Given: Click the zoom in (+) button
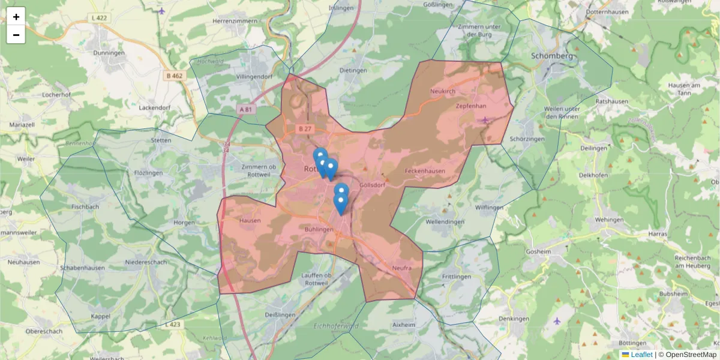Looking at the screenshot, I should [x=16, y=17].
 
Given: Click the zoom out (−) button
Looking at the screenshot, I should [x=16, y=35].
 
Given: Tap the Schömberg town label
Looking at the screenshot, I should [x=553, y=56].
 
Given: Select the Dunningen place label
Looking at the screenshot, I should [x=109, y=53].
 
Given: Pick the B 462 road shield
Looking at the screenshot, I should [x=175, y=76].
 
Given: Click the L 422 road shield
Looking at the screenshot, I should [x=100, y=18].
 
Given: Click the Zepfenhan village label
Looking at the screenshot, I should [x=470, y=106].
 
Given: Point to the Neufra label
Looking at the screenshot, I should [x=401, y=268].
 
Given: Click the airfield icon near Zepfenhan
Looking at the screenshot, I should [x=485, y=119].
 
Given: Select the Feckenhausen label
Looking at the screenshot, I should [x=425, y=171].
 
